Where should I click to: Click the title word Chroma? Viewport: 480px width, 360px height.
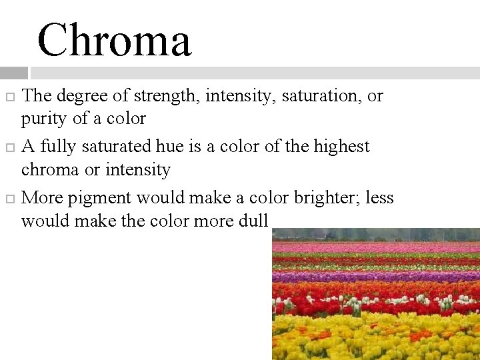(114, 40)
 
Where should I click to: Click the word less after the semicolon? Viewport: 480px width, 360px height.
(379, 198)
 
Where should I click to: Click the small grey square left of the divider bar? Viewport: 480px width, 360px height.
(13, 73)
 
